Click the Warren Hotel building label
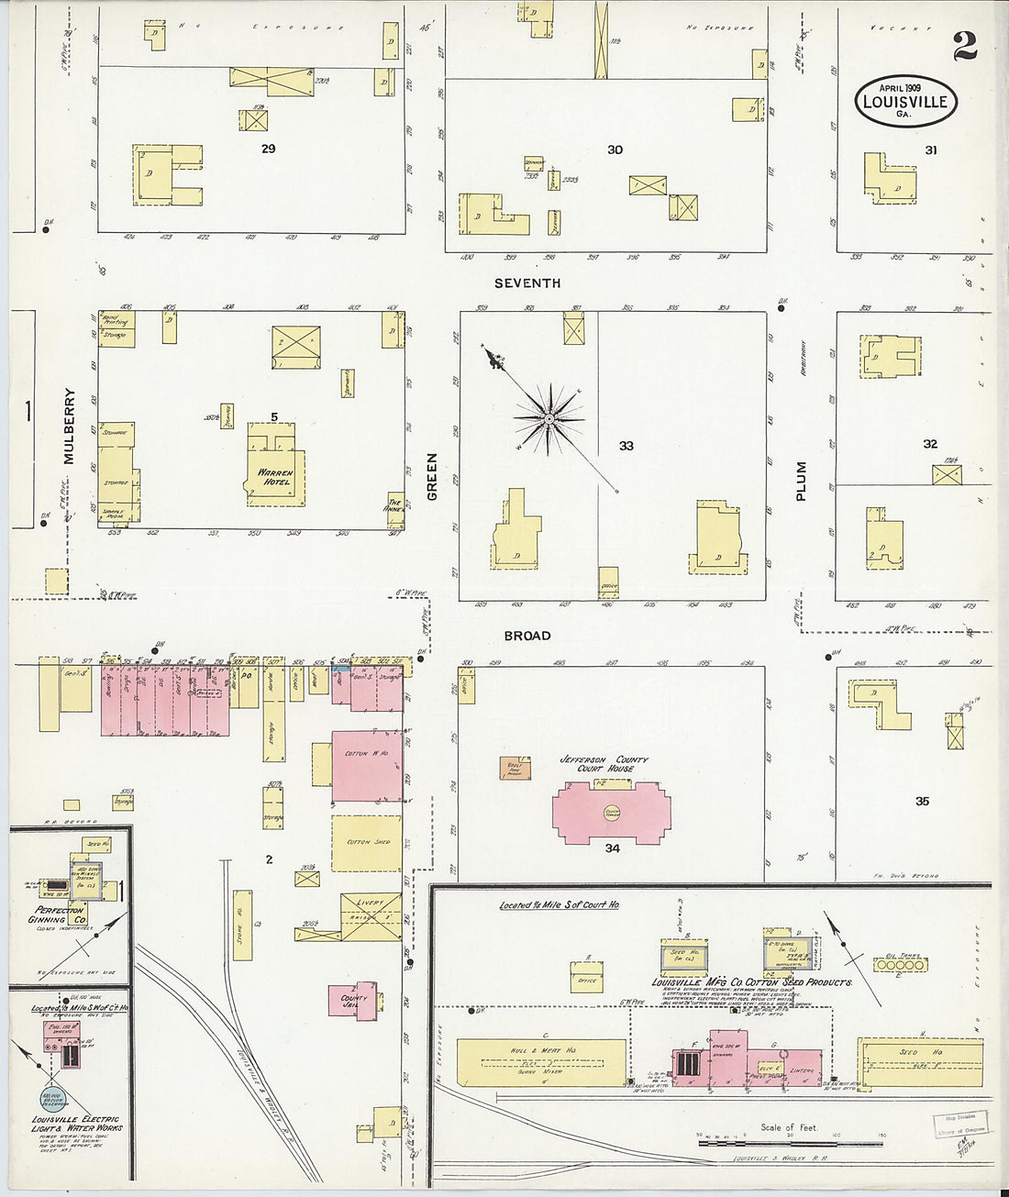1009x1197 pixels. [x=274, y=477]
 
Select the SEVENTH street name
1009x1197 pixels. [x=527, y=283]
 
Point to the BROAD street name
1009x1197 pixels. [x=527, y=635]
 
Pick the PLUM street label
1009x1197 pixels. [x=801, y=481]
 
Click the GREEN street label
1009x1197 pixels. [x=432, y=477]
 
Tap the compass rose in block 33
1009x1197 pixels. [x=549, y=419]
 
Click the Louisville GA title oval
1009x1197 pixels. [x=906, y=102]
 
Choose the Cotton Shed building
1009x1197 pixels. [x=367, y=842]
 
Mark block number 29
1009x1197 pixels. [x=268, y=148]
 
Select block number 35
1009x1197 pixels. [x=922, y=801]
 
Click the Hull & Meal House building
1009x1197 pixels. [x=542, y=1059]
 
